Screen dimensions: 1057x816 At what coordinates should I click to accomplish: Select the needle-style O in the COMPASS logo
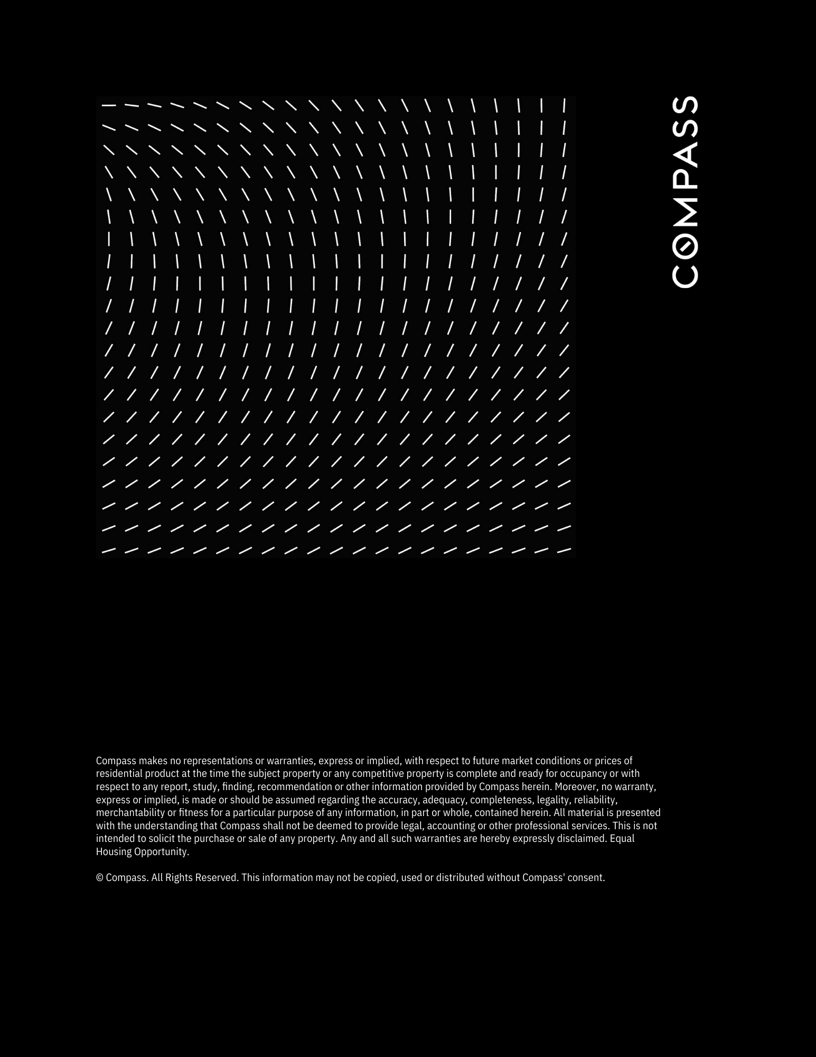(685, 245)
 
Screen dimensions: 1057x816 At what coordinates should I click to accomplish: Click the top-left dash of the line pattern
(109, 106)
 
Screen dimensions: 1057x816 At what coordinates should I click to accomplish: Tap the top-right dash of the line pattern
(564, 105)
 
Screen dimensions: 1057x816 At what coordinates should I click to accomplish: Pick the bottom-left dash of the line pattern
(109, 551)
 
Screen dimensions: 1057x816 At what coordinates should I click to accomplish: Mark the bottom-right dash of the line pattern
(564, 551)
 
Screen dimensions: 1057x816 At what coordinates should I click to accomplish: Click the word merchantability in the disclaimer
(130, 812)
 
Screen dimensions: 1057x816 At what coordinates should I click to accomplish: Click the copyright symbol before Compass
(99, 877)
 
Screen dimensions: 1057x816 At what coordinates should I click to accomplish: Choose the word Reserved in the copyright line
(217, 877)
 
